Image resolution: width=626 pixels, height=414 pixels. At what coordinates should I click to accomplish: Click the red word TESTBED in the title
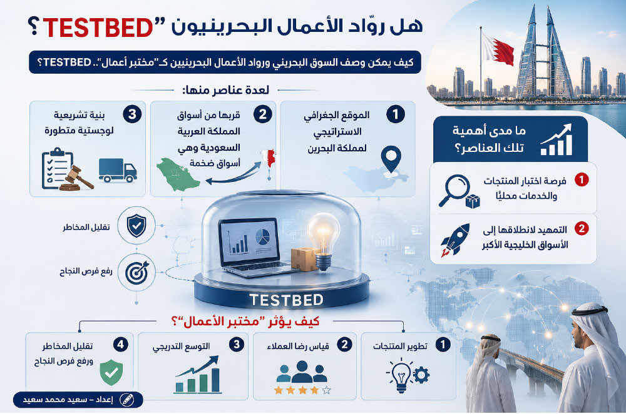pyautogui.click(x=98, y=28)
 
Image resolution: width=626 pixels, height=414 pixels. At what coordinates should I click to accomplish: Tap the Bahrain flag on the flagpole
pyautogui.click(x=498, y=49)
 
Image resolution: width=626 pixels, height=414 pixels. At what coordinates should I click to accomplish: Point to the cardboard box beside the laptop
pyautogui.click(x=304, y=258)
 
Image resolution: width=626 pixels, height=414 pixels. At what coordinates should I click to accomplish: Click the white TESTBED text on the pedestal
pyautogui.click(x=286, y=300)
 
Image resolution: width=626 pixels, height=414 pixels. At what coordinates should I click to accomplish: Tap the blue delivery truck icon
pyautogui.click(x=118, y=170)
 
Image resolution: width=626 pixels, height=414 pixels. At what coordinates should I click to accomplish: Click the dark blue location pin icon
pyautogui.click(x=391, y=159)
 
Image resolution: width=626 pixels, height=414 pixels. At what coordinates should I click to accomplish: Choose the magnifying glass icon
pyautogui.click(x=454, y=190)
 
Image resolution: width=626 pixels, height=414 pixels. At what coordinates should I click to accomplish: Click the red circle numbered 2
pyautogui.click(x=582, y=229)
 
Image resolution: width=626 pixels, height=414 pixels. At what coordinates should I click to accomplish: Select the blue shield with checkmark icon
pyautogui.click(x=136, y=225)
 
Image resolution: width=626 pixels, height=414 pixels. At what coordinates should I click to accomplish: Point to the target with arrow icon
pyautogui.click(x=136, y=273)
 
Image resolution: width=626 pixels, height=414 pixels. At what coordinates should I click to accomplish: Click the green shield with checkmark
pyautogui.click(x=111, y=372)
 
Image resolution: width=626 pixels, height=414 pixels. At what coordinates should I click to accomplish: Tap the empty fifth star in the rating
pyautogui.click(x=327, y=390)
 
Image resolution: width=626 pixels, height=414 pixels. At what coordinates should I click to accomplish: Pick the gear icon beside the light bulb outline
pyautogui.click(x=421, y=375)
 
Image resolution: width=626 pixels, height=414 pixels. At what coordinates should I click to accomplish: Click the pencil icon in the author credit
pyautogui.click(x=127, y=400)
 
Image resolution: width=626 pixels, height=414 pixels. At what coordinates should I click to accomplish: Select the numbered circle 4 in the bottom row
pyautogui.click(x=121, y=344)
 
